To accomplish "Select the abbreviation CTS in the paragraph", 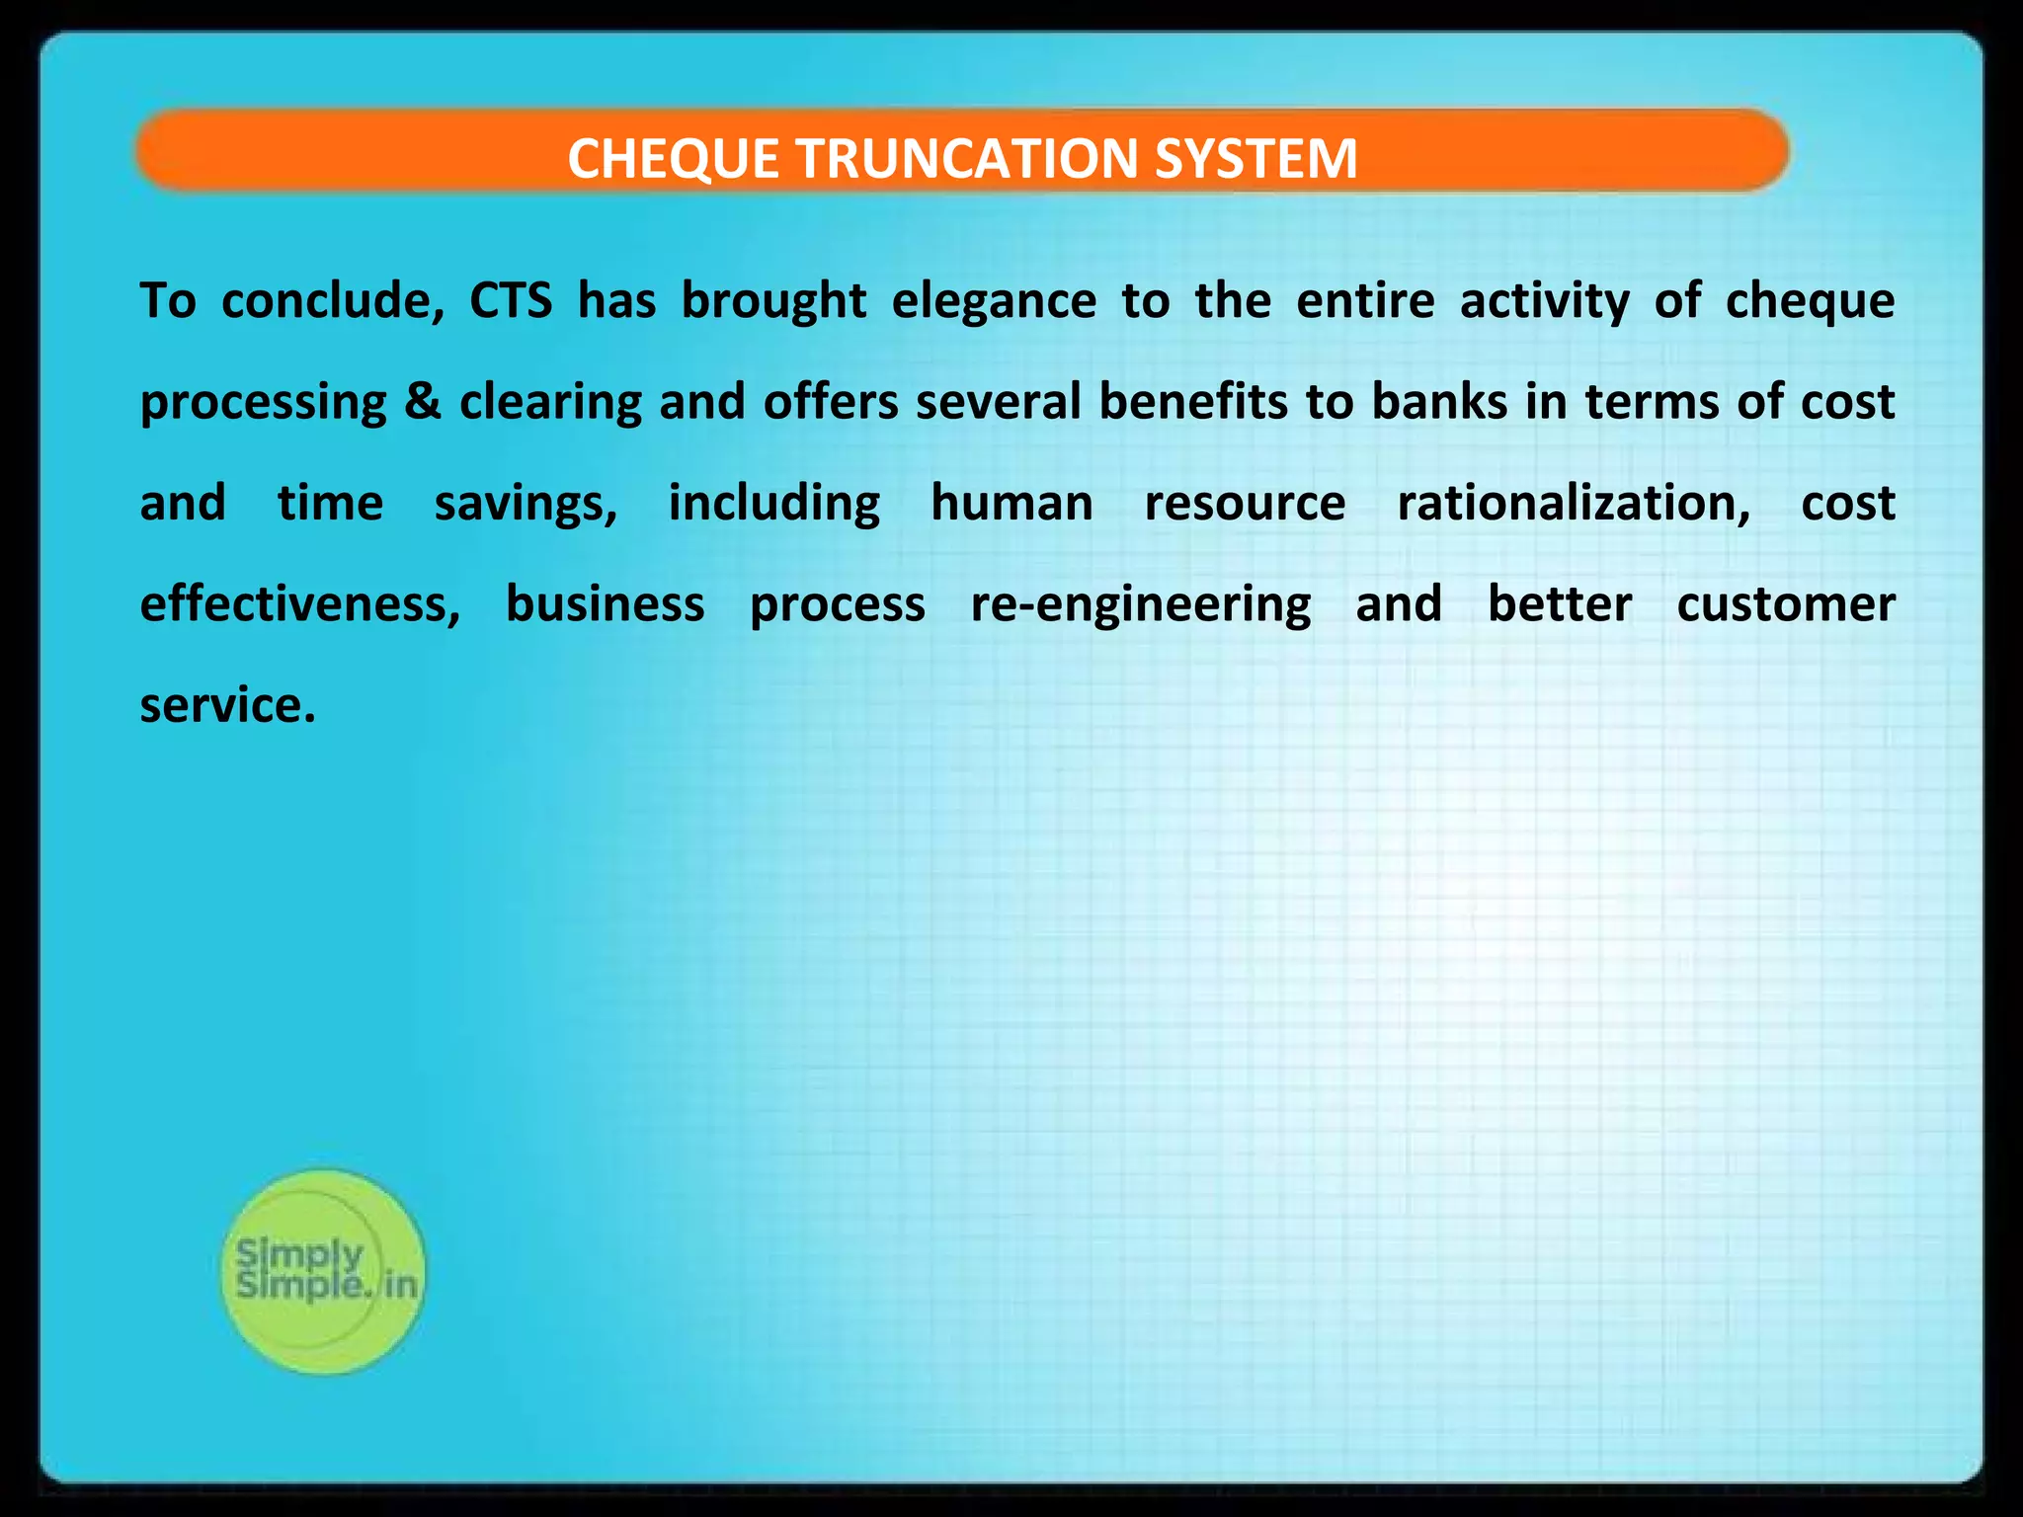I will click(x=511, y=300).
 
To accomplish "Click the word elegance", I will click(x=994, y=300).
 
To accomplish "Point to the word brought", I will click(x=773, y=300).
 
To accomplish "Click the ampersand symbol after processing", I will click(x=423, y=402).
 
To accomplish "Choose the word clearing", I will click(x=551, y=402).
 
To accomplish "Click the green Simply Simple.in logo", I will click(x=323, y=1271).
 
